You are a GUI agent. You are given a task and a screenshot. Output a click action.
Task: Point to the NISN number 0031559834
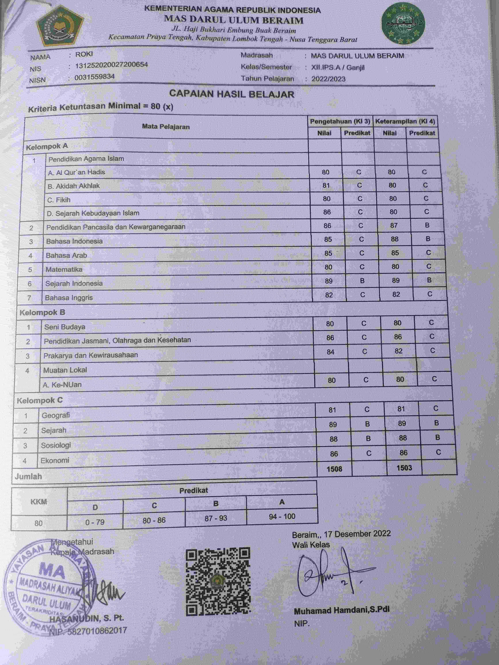[94, 77]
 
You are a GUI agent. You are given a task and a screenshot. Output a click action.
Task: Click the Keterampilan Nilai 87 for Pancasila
[394, 226]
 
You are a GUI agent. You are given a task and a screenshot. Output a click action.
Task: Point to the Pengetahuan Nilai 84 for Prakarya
[331, 352]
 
